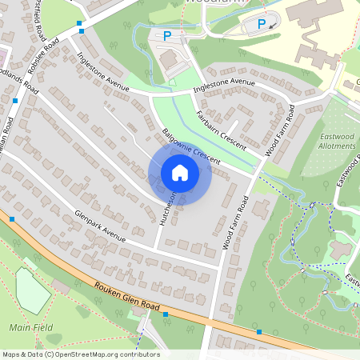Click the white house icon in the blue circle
180,173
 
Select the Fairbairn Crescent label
222,126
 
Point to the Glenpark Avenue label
100,225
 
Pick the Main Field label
31,327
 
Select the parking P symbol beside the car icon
261,23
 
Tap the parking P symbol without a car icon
167,35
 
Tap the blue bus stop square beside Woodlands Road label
15,101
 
